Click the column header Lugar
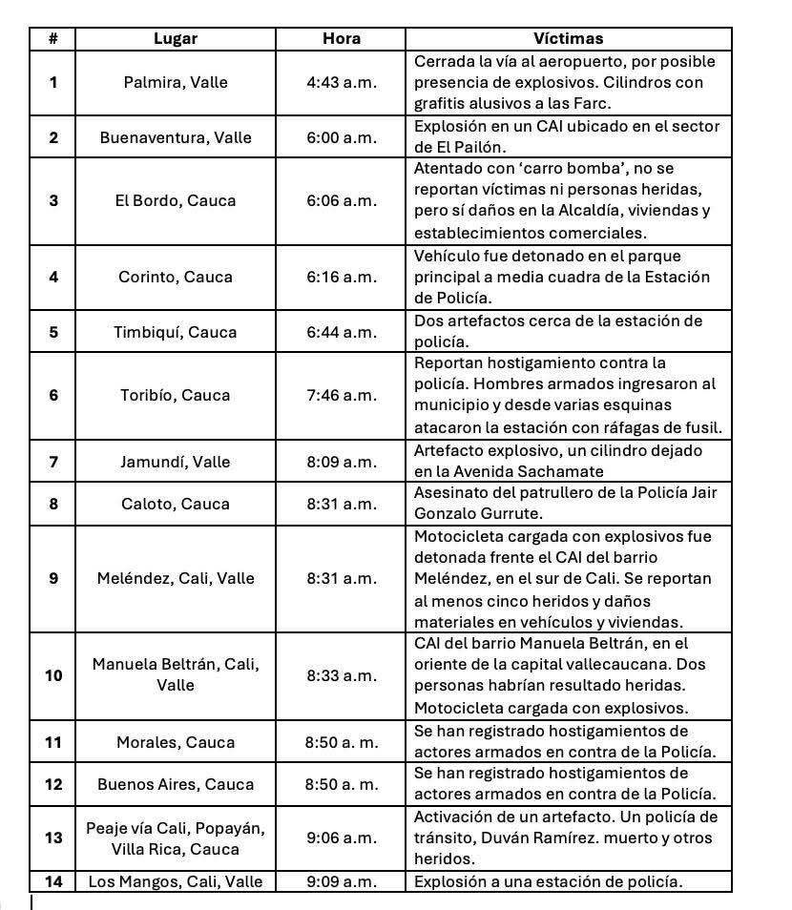(x=176, y=39)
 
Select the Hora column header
(x=341, y=39)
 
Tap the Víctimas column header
(x=568, y=39)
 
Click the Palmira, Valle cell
(x=176, y=82)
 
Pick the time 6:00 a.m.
(x=341, y=137)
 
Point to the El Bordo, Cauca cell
(x=176, y=200)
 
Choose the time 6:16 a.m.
(x=341, y=277)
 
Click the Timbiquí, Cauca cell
(x=176, y=332)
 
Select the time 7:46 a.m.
(x=341, y=395)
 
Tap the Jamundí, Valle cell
(x=176, y=462)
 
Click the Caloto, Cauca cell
(x=176, y=504)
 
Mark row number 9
(x=53, y=578)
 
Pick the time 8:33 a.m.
(x=341, y=675)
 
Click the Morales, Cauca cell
(x=176, y=742)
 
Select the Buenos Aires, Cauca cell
(x=176, y=784)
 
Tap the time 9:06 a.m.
(x=341, y=838)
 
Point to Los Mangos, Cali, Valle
(x=176, y=881)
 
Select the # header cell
(x=53, y=39)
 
